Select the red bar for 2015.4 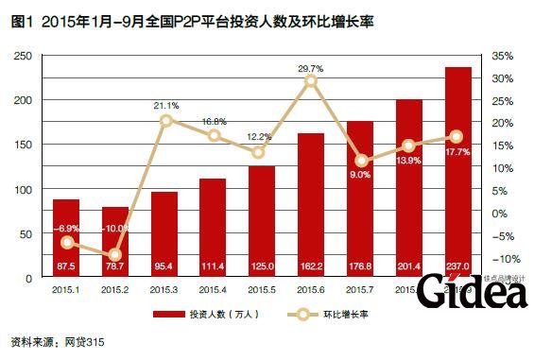213,228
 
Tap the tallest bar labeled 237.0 458,170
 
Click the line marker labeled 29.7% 311,82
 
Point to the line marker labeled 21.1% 165,120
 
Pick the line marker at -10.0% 115,254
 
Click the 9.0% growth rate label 360,174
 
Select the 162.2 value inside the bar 311,267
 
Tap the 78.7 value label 114,267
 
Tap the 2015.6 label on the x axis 311,287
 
